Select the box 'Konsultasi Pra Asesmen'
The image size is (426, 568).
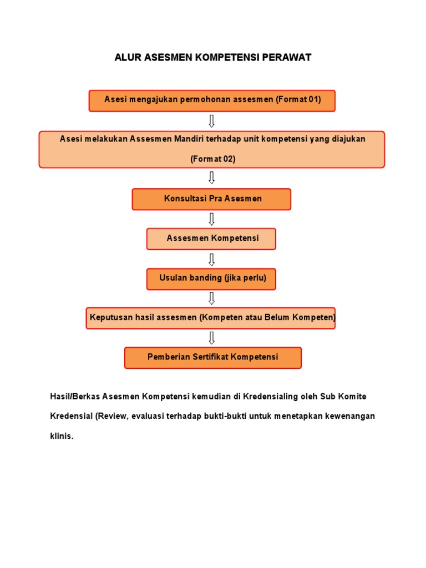tap(211, 199)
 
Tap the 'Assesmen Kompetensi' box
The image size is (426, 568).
tap(211, 239)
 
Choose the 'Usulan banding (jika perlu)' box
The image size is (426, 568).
tap(211, 278)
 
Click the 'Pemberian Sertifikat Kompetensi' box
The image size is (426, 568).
tap(212, 357)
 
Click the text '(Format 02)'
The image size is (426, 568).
tap(212, 159)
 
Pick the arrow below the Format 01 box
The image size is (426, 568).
tap(211, 121)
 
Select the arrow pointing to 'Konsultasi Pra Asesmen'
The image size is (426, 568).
tap(211, 177)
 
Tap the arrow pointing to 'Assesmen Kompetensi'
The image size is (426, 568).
tap(211, 219)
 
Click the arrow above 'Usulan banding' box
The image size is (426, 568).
tap(211, 259)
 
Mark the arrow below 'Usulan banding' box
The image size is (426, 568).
tap(211, 298)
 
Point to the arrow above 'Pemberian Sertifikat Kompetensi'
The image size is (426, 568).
tap(211, 337)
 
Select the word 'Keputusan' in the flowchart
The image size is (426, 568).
tap(109, 318)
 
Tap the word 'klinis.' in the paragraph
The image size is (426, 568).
tap(62, 436)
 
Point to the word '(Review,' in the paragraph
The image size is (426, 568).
tap(113, 416)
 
